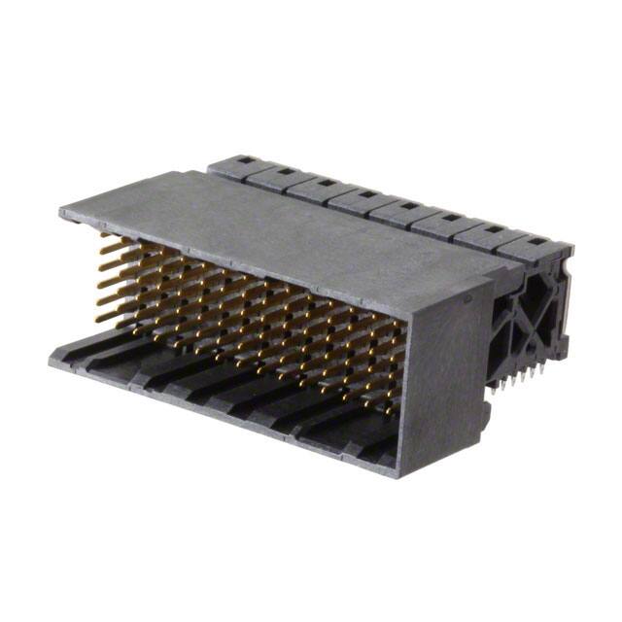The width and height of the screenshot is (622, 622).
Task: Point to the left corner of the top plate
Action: click(61, 211)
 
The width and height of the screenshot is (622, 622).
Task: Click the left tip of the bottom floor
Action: click(51, 361)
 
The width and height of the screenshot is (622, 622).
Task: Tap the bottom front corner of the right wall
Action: click(404, 475)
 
